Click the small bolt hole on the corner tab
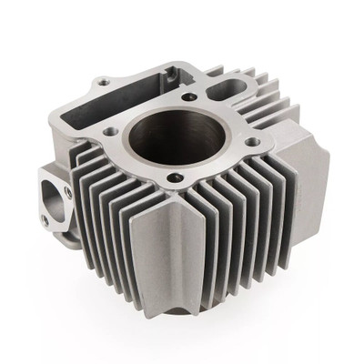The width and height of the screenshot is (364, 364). coord(103,83)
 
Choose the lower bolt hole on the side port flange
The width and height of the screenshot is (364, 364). coord(45,218)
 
